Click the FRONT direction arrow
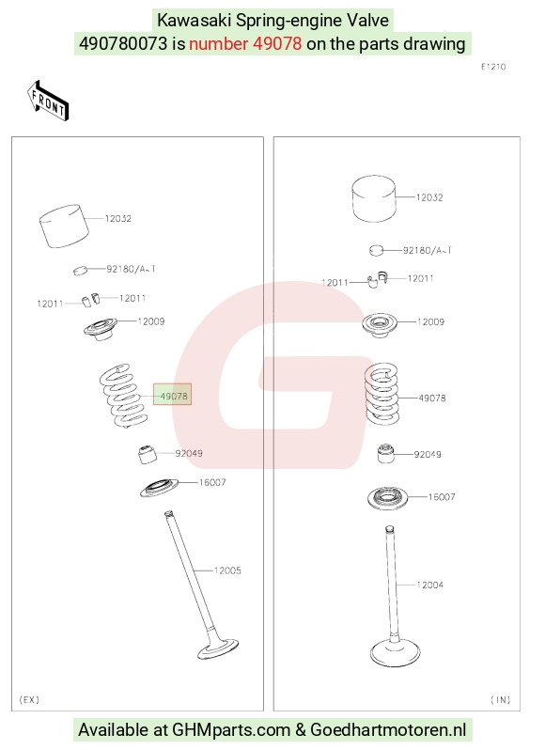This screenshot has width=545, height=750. [48, 100]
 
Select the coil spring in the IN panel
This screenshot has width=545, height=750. [381, 394]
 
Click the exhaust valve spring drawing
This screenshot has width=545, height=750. [123, 396]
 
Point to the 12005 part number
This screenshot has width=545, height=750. [227, 570]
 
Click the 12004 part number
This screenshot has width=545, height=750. [429, 585]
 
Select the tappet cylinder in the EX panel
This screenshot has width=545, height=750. [64, 227]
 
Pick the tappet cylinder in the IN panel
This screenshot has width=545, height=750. [374, 199]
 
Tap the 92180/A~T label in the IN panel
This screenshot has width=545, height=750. [427, 250]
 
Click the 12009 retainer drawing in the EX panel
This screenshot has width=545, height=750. [101, 329]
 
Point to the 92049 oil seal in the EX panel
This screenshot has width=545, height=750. [148, 454]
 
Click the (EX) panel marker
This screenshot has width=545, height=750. [29, 699]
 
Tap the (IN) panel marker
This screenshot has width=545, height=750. [500, 699]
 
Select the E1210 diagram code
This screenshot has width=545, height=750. [493, 67]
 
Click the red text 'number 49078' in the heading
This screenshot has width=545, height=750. [245, 43]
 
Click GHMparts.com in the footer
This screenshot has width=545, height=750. [231, 730]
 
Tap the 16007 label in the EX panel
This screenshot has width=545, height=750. [212, 482]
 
